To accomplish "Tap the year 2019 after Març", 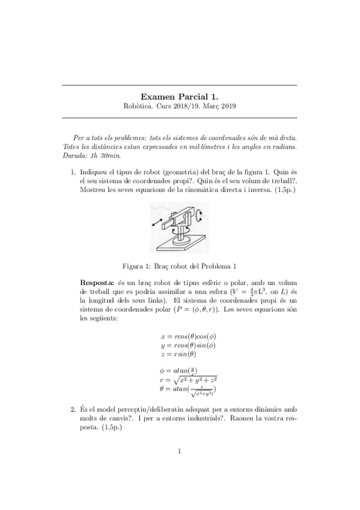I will pyautogui.click(x=227, y=106).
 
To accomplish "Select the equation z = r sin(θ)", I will pyautogui.click(x=179, y=354).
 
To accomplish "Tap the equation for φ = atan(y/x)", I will pyautogui.click(x=179, y=370).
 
